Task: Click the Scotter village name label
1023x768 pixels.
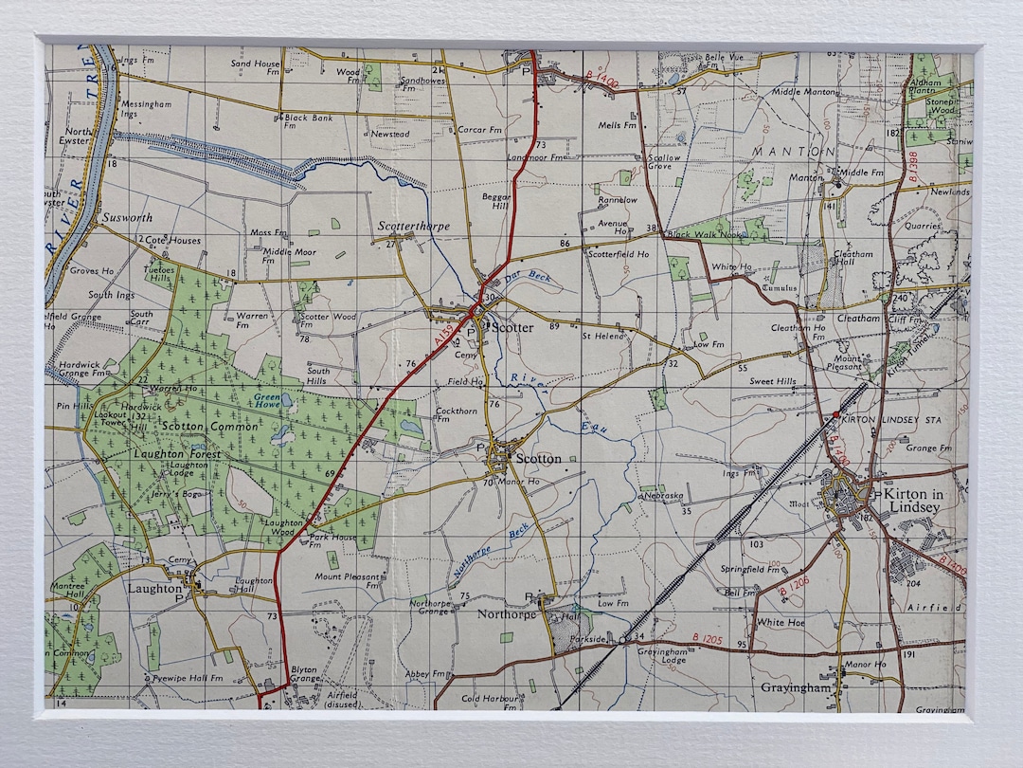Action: (512, 328)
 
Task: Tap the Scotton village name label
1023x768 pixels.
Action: (538, 459)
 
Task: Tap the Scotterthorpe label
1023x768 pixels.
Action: (414, 227)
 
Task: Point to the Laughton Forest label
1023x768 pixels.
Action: (184, 455)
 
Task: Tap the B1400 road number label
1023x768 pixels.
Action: (601, 84)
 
